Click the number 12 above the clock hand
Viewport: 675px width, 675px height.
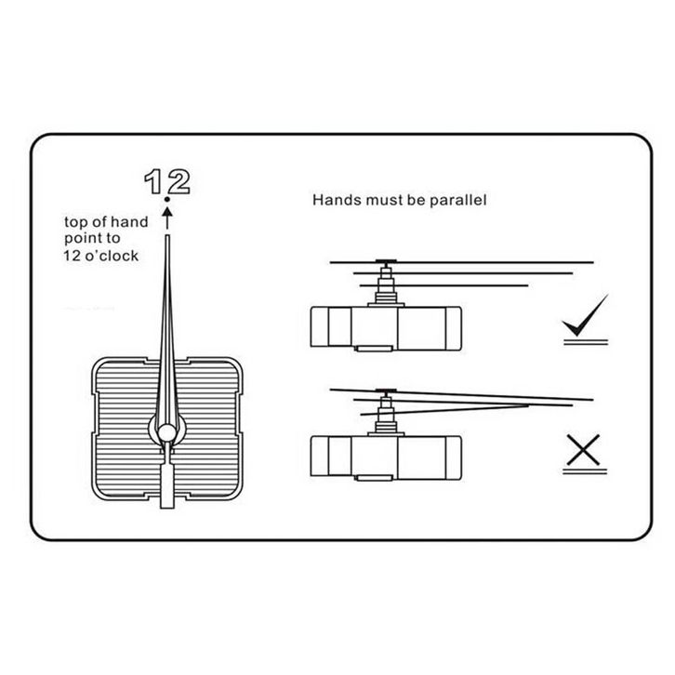168,181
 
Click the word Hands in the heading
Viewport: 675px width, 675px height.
331,199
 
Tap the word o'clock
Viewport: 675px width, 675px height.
118,255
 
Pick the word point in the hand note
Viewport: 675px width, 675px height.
81,239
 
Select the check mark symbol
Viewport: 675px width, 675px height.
585,316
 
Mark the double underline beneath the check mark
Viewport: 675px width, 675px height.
585,342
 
